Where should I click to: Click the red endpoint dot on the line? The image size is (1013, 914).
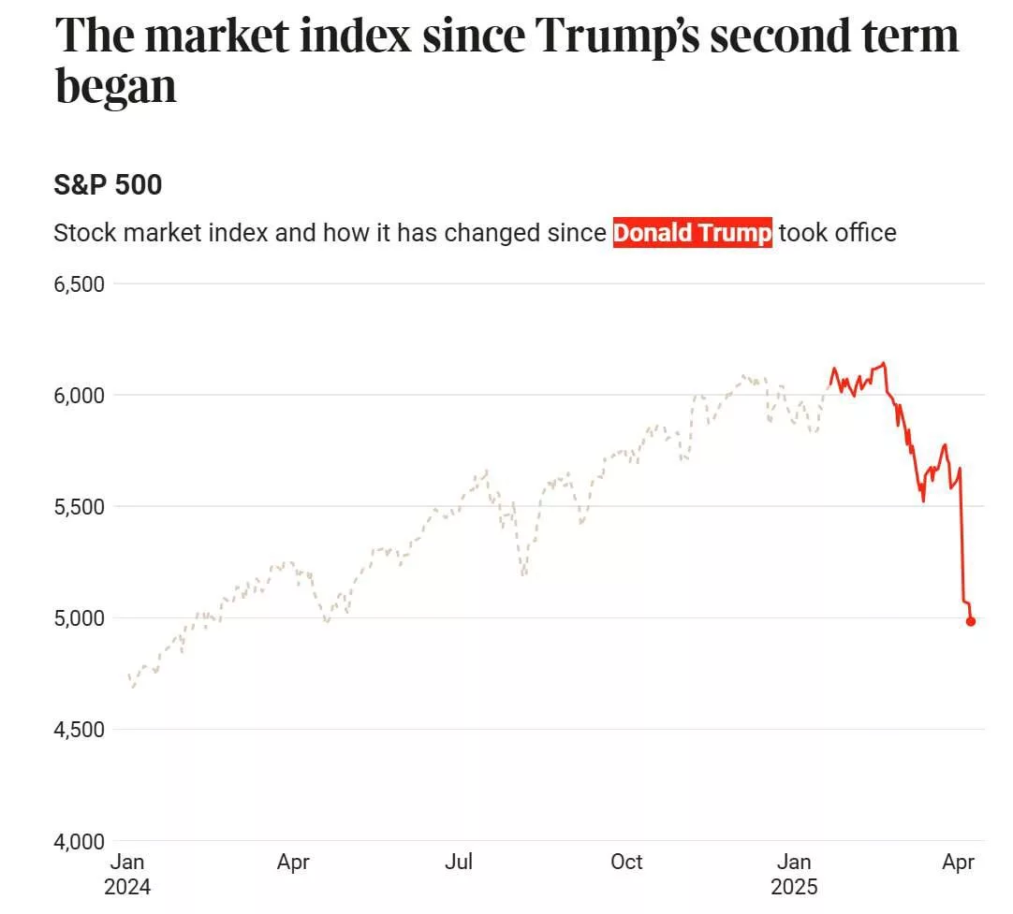coord(971,621)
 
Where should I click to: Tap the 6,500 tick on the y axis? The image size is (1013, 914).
coord(79,283)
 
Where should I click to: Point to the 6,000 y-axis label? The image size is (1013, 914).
coord(79,395)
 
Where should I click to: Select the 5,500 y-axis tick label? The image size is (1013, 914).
coord(79,506)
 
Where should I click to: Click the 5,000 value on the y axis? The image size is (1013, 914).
coord(79,617)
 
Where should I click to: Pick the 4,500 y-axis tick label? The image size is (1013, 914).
coord(79,729)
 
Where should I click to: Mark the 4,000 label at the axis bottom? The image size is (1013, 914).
coord(79,840)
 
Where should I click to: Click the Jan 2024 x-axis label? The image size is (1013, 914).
coord(127,874)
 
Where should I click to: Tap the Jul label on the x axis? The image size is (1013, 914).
coord(458,862)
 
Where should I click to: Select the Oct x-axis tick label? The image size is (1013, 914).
coord(625,862)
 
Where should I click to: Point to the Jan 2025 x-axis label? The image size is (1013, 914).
coord(794,874)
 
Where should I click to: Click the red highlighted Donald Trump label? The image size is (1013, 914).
coord(693,233)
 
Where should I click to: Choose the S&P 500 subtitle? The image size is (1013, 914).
coord(108,185)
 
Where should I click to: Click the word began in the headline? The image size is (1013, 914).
coord(116,86)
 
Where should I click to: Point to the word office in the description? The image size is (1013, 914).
coord(861,233)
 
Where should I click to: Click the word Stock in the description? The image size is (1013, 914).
coord(83,233)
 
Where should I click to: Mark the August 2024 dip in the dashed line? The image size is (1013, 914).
coord(523,573)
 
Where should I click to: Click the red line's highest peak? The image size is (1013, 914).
coord(884,363)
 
